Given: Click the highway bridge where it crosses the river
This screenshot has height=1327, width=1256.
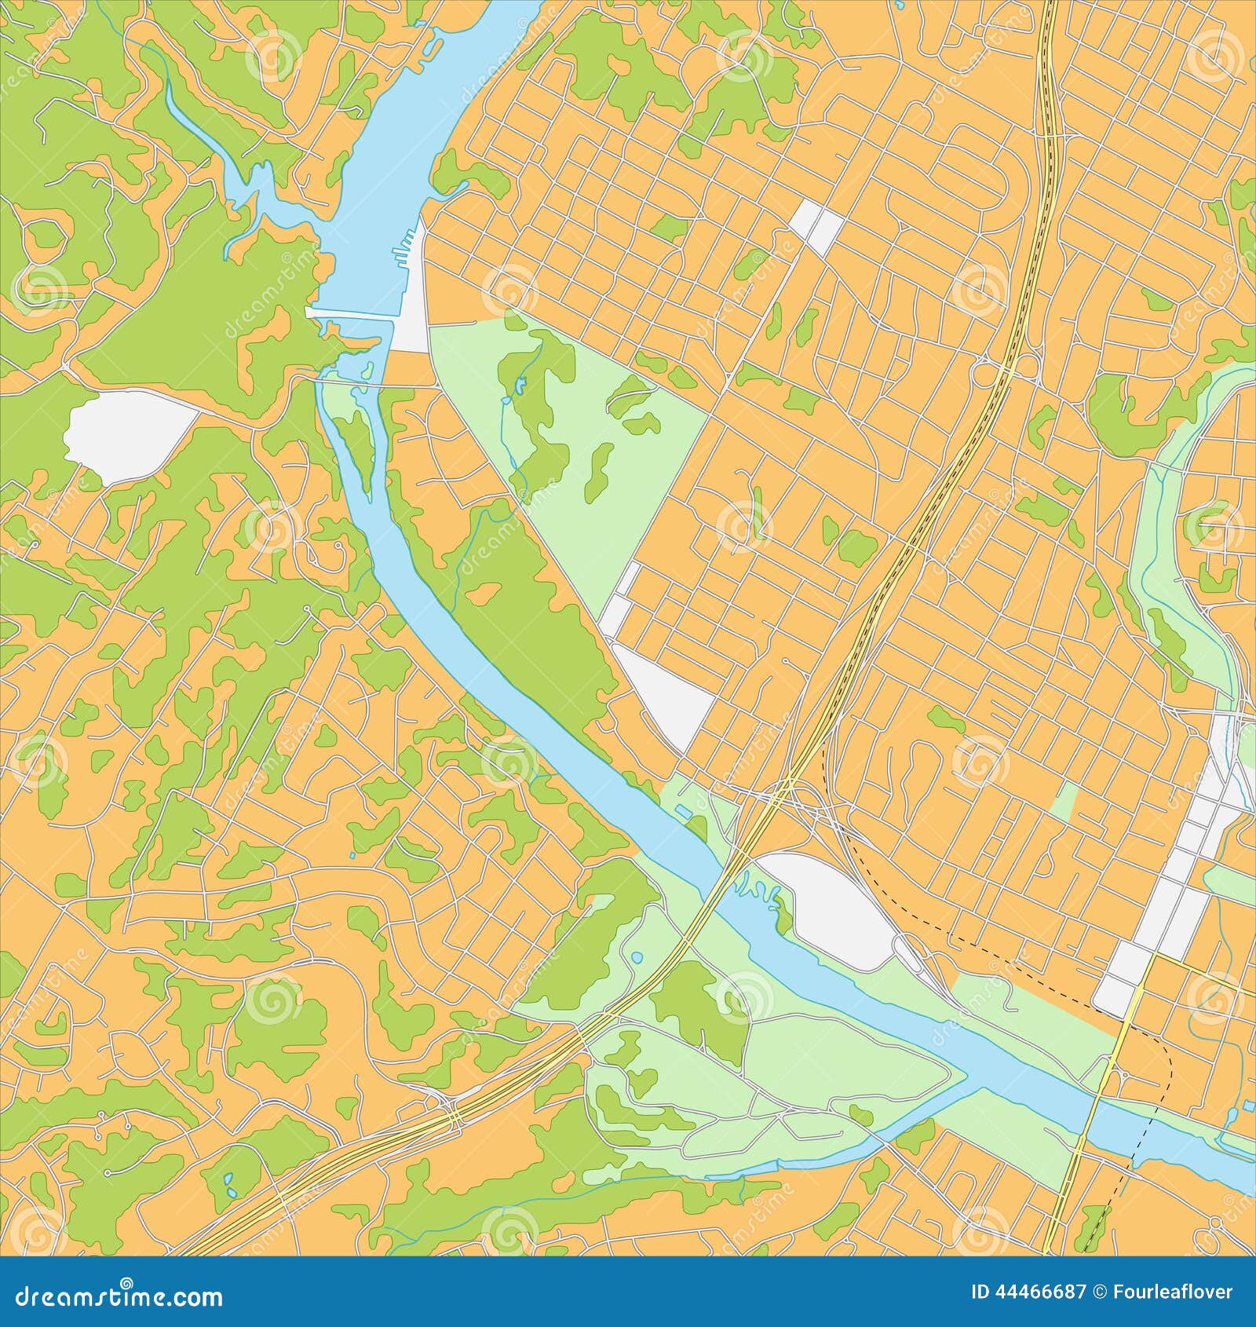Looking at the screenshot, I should point(726,876).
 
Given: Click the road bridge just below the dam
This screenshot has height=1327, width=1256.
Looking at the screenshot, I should point(377,386).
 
